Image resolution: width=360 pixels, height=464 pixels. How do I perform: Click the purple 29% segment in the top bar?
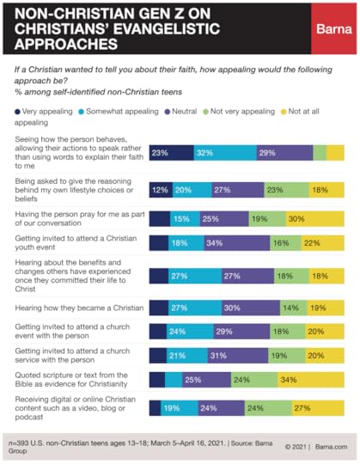[x=284, y=153]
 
